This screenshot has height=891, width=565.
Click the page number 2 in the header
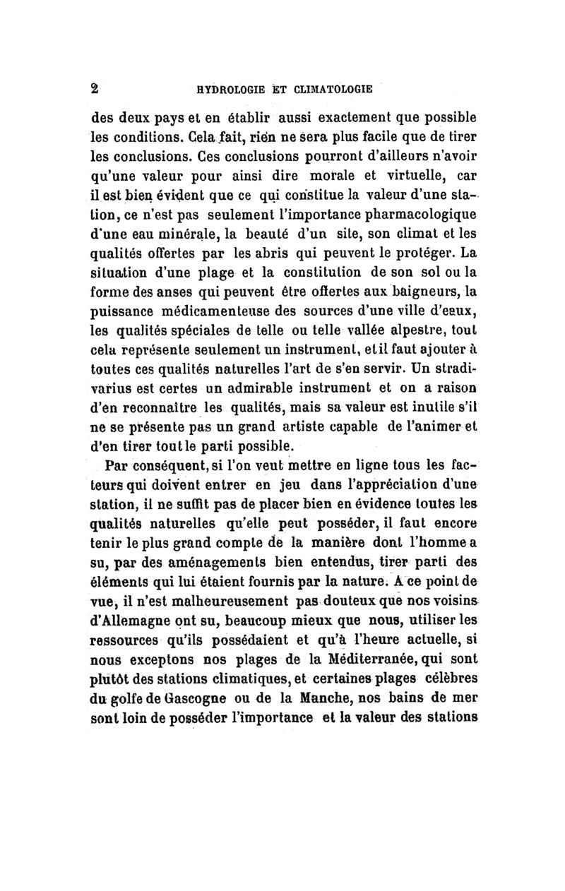[x=93, y=89]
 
